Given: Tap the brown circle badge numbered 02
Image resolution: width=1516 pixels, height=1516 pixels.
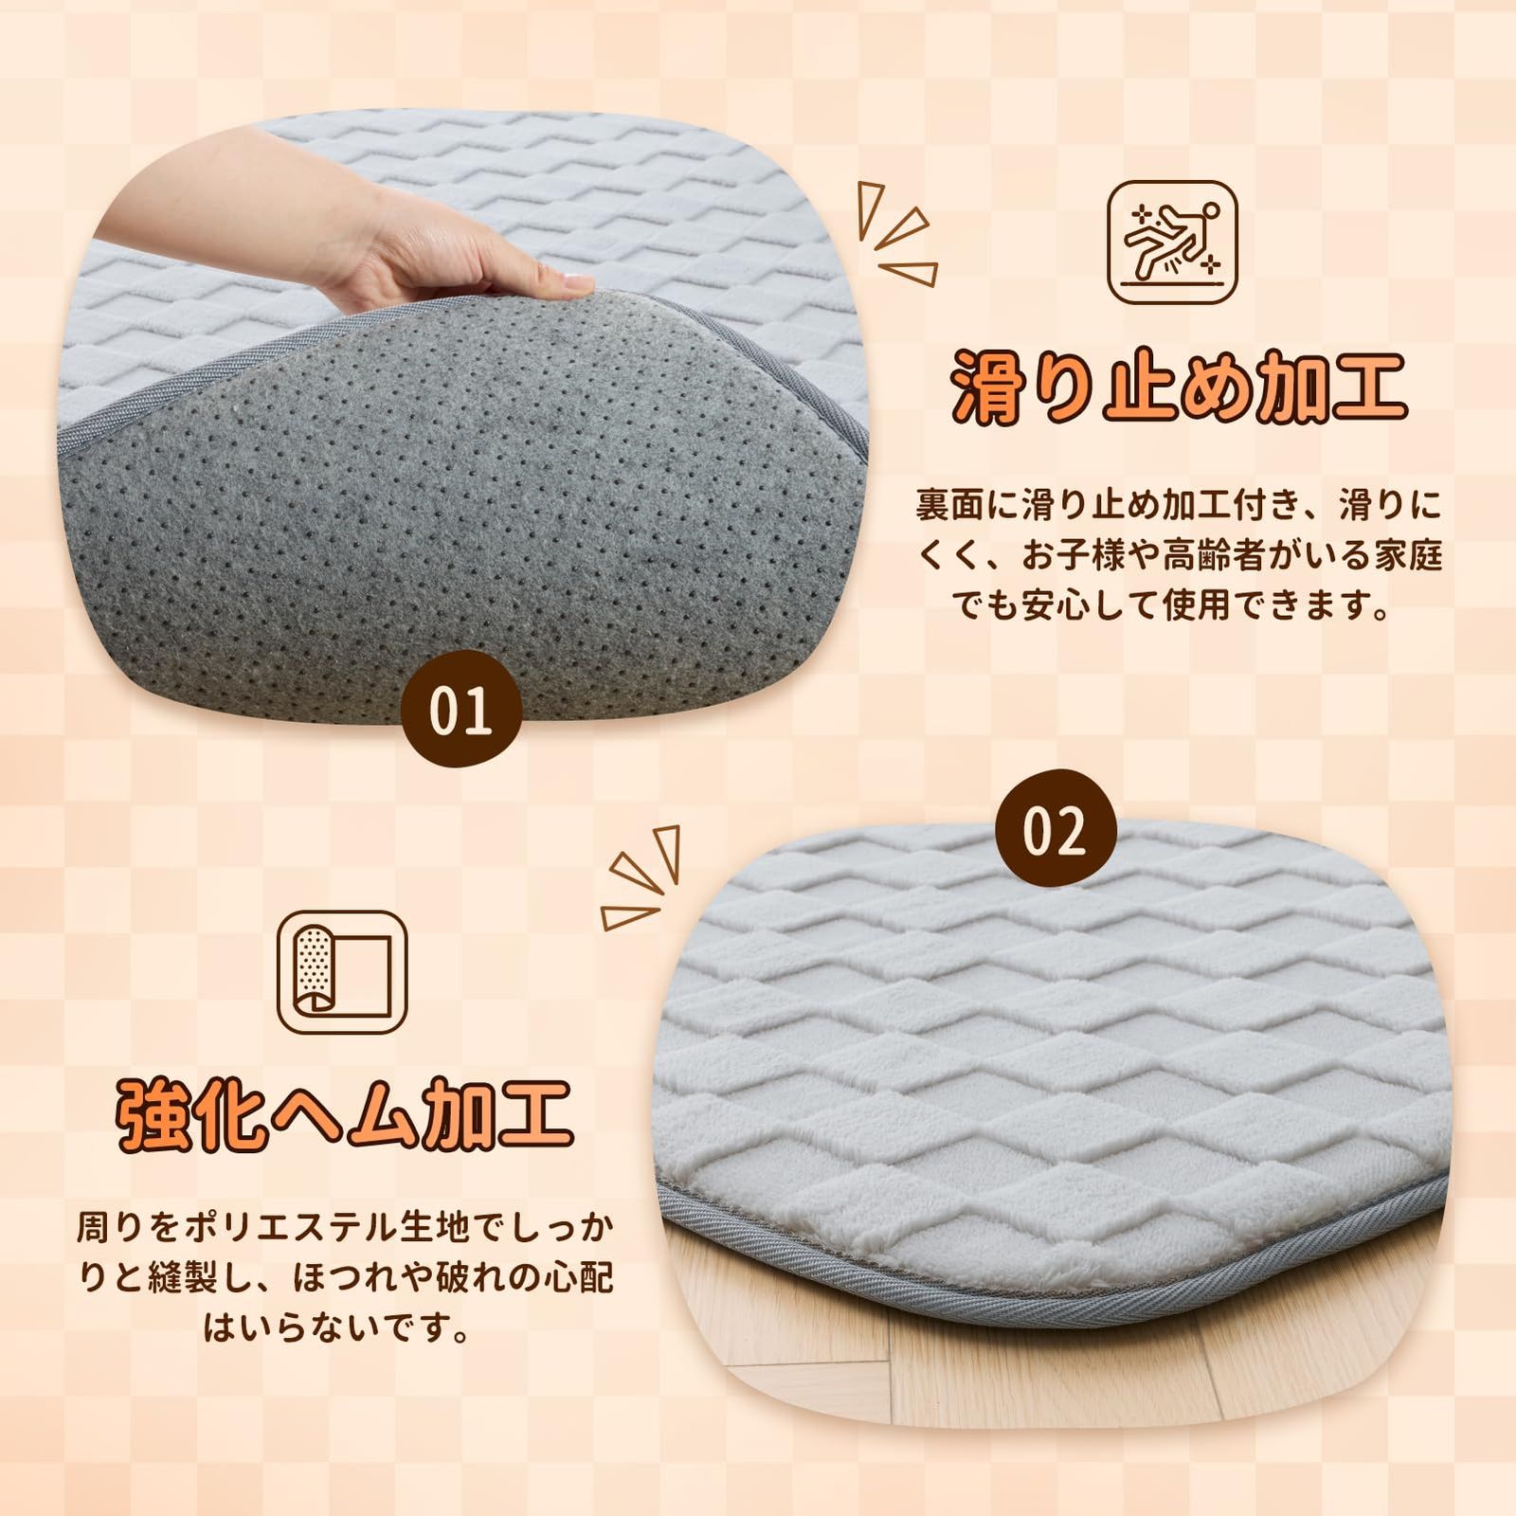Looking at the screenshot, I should click(x=1055, y=830).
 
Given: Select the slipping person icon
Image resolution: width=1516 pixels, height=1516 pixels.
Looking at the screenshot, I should click(x=1172, y=243).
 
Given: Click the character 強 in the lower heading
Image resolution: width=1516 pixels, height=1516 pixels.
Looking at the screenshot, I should click(x=152, y=1115).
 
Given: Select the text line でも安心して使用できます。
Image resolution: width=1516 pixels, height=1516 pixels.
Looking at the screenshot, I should click(x=1178, y=605).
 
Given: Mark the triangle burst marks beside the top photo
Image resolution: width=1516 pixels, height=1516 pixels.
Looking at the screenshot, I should click(x=895, y=232).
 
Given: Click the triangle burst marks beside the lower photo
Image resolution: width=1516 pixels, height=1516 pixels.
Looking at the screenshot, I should click(x=642, y=876).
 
